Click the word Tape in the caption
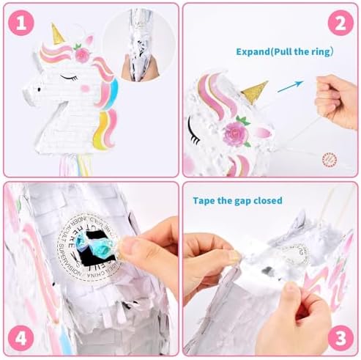(x=205, y=199)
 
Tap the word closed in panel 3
(x=267, y=199)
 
